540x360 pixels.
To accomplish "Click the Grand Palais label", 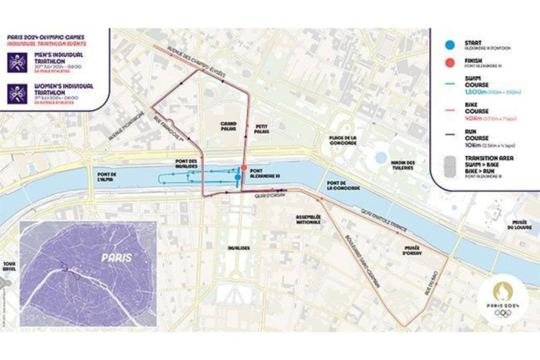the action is point(229,125).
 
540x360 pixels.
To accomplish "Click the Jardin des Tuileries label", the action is point(401,165).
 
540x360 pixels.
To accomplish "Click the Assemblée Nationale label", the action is point(307,220).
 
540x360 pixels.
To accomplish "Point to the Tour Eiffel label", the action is point(9,258).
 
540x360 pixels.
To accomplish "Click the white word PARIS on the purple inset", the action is point(117,257).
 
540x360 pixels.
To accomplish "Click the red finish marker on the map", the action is point(244,168).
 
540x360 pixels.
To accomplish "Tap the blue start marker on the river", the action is point(237,176).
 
